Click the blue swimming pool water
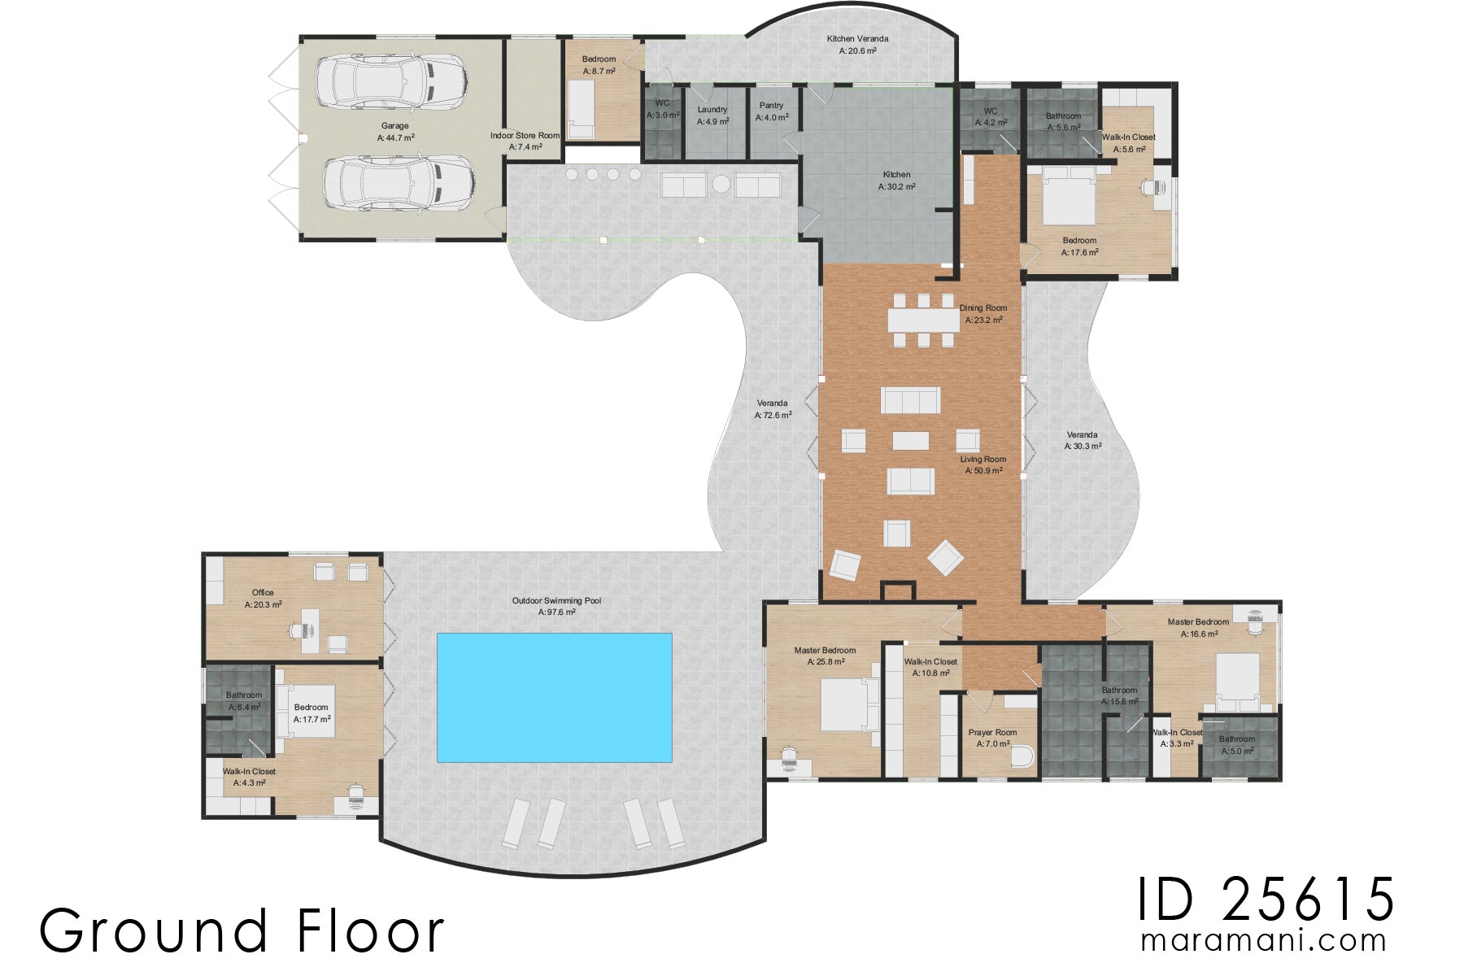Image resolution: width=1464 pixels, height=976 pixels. pyautogui.click(x=554, y=697)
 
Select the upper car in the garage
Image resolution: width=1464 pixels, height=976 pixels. pyautogui.click(x=391, y=81)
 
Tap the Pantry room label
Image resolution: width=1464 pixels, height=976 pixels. pyautogui.click(x=771, y=111)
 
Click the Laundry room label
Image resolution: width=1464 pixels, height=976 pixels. pyautogui.click(x=712, y=115)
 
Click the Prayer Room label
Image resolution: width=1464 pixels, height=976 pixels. pyautogui.click(x=992, y=738)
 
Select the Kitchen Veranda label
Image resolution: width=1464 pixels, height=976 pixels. pyautogui.click(x=857, y=44)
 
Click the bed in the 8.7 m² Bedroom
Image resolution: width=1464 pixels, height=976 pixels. pyautogui.click(x=581, y=111)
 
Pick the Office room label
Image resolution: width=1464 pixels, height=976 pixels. pyautogui.click(x=263, y=598)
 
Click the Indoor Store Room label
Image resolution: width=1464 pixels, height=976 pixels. pyautogui.click(x=525, y=141)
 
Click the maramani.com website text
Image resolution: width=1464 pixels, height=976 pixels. pyautogui.click(x=1263, y=941)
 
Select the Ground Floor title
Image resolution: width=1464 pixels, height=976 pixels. pyautogui.click(x=242, y=930)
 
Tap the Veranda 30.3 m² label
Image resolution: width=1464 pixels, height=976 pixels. pyautogui.click(x=1083, y=440)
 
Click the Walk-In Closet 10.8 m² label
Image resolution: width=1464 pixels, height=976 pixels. pyautogui.click(x=930, y=667)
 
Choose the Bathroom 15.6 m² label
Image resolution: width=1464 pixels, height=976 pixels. pyautogui.click(x=1119, y=695)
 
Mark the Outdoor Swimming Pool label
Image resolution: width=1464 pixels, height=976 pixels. pyautogui.click(x=556, y=606)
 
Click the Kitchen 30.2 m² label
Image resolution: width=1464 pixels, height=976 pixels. pyautogui.click(x=896, y=181)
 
